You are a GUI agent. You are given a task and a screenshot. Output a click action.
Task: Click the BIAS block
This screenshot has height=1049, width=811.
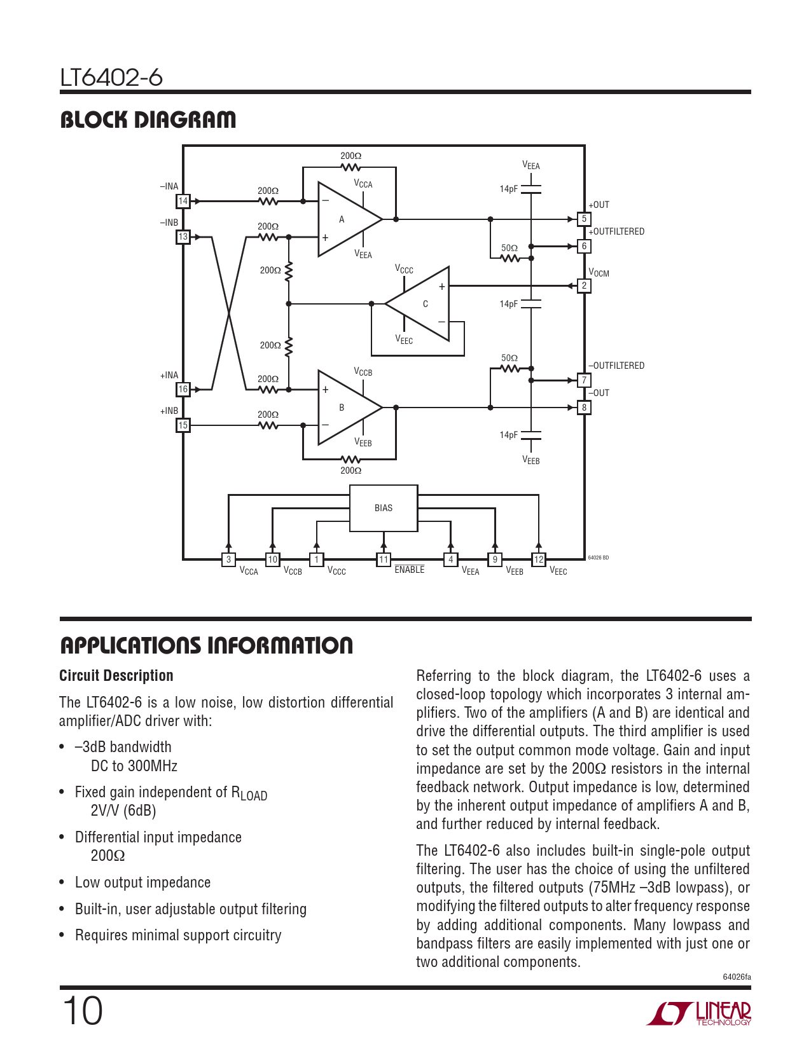point(384,508)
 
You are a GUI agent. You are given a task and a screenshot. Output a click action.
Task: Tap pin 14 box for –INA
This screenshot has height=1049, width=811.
point(183,201)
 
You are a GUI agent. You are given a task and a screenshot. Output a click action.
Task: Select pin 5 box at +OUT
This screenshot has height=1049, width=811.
point(584,219)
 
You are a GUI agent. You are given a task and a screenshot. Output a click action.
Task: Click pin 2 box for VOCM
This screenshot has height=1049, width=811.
point(584,285)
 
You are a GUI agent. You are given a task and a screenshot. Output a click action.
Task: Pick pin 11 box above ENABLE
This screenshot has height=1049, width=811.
point(384,559)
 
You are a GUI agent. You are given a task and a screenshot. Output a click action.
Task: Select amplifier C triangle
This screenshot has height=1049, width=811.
point(417,304)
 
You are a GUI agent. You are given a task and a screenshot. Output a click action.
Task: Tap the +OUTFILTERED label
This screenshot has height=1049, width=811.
point(616,231)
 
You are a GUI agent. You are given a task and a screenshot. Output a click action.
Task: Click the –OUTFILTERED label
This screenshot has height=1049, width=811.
point(616,366)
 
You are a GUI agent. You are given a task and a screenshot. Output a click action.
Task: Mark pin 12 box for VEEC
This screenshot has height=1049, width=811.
point(539,559)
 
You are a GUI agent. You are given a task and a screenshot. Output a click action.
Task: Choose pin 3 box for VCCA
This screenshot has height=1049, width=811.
point(228,559)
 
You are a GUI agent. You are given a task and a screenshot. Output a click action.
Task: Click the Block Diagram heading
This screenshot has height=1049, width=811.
point(148,120)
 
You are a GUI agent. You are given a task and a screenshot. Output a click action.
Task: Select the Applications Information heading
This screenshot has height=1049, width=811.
point(207,645)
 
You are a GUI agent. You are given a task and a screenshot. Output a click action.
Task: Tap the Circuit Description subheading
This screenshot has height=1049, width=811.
point(116,676)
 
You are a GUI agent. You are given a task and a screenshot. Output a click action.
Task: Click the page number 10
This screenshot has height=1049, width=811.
point(82,1011)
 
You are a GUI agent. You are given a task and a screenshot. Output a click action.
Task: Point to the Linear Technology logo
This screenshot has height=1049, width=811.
point(699,1013)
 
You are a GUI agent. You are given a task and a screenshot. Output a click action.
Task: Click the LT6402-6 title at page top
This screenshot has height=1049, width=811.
point(111,77)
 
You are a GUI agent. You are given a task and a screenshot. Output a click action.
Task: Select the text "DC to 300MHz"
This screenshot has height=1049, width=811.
point(134,766)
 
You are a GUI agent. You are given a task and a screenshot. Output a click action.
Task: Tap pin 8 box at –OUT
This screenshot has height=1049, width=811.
point(584,408)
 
